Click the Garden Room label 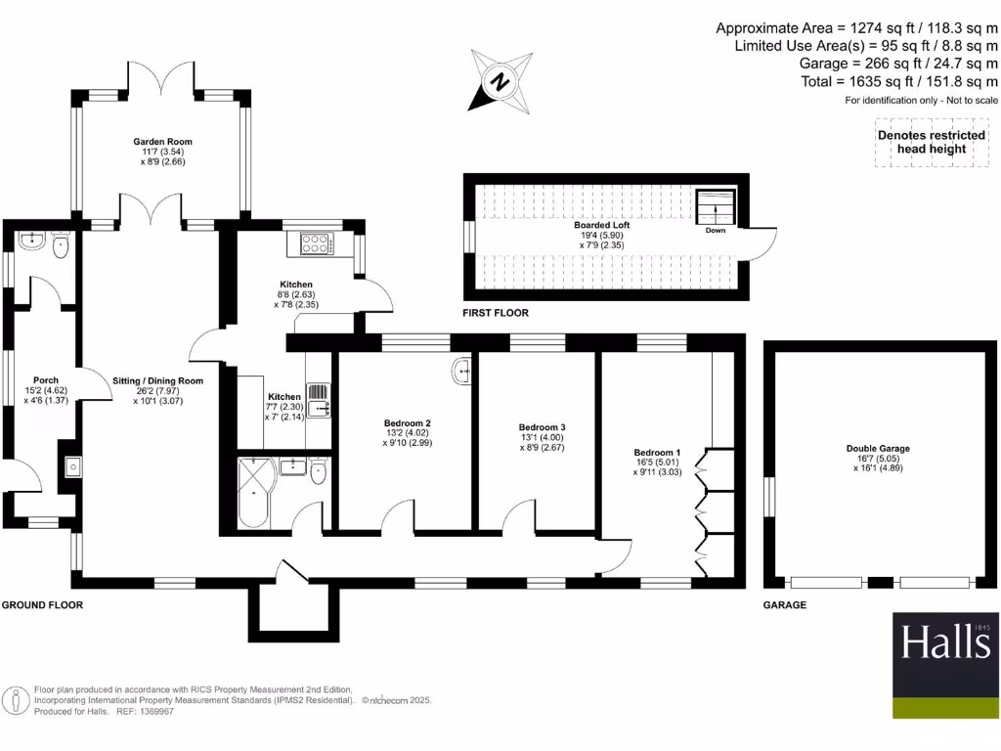(x=162, y=142)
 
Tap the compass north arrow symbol (x=500, y=82)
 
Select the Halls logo (x=944, y=643)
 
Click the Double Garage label (x=877, y=449)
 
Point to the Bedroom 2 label (x=407, y=423)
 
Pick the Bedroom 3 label (x=542, y=427)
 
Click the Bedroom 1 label (x=657, y=453)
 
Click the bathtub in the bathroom (x=254, y=493)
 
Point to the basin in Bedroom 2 (x=462, y=371)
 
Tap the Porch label (x=45, y=380)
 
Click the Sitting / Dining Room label (x=157, y=380)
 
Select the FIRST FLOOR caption (x=496, y=314)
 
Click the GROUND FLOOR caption (x=42, y=605)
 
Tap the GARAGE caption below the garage (x=784, y=605)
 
